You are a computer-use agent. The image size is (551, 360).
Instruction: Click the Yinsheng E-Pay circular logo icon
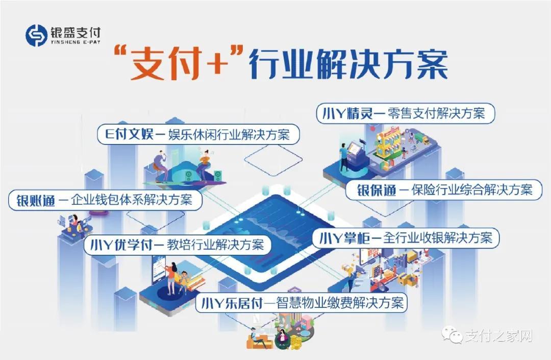point(36,35)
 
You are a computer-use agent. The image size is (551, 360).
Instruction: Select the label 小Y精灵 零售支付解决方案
point(406,113)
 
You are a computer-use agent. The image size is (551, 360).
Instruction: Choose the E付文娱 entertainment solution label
point(198,135)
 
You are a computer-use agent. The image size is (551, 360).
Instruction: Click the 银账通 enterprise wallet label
point(105,200)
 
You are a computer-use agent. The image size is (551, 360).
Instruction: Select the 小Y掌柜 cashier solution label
point(406,237)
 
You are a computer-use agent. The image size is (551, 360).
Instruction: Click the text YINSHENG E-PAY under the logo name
point(76,42)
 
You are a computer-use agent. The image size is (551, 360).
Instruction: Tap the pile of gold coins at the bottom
point(295,343)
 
